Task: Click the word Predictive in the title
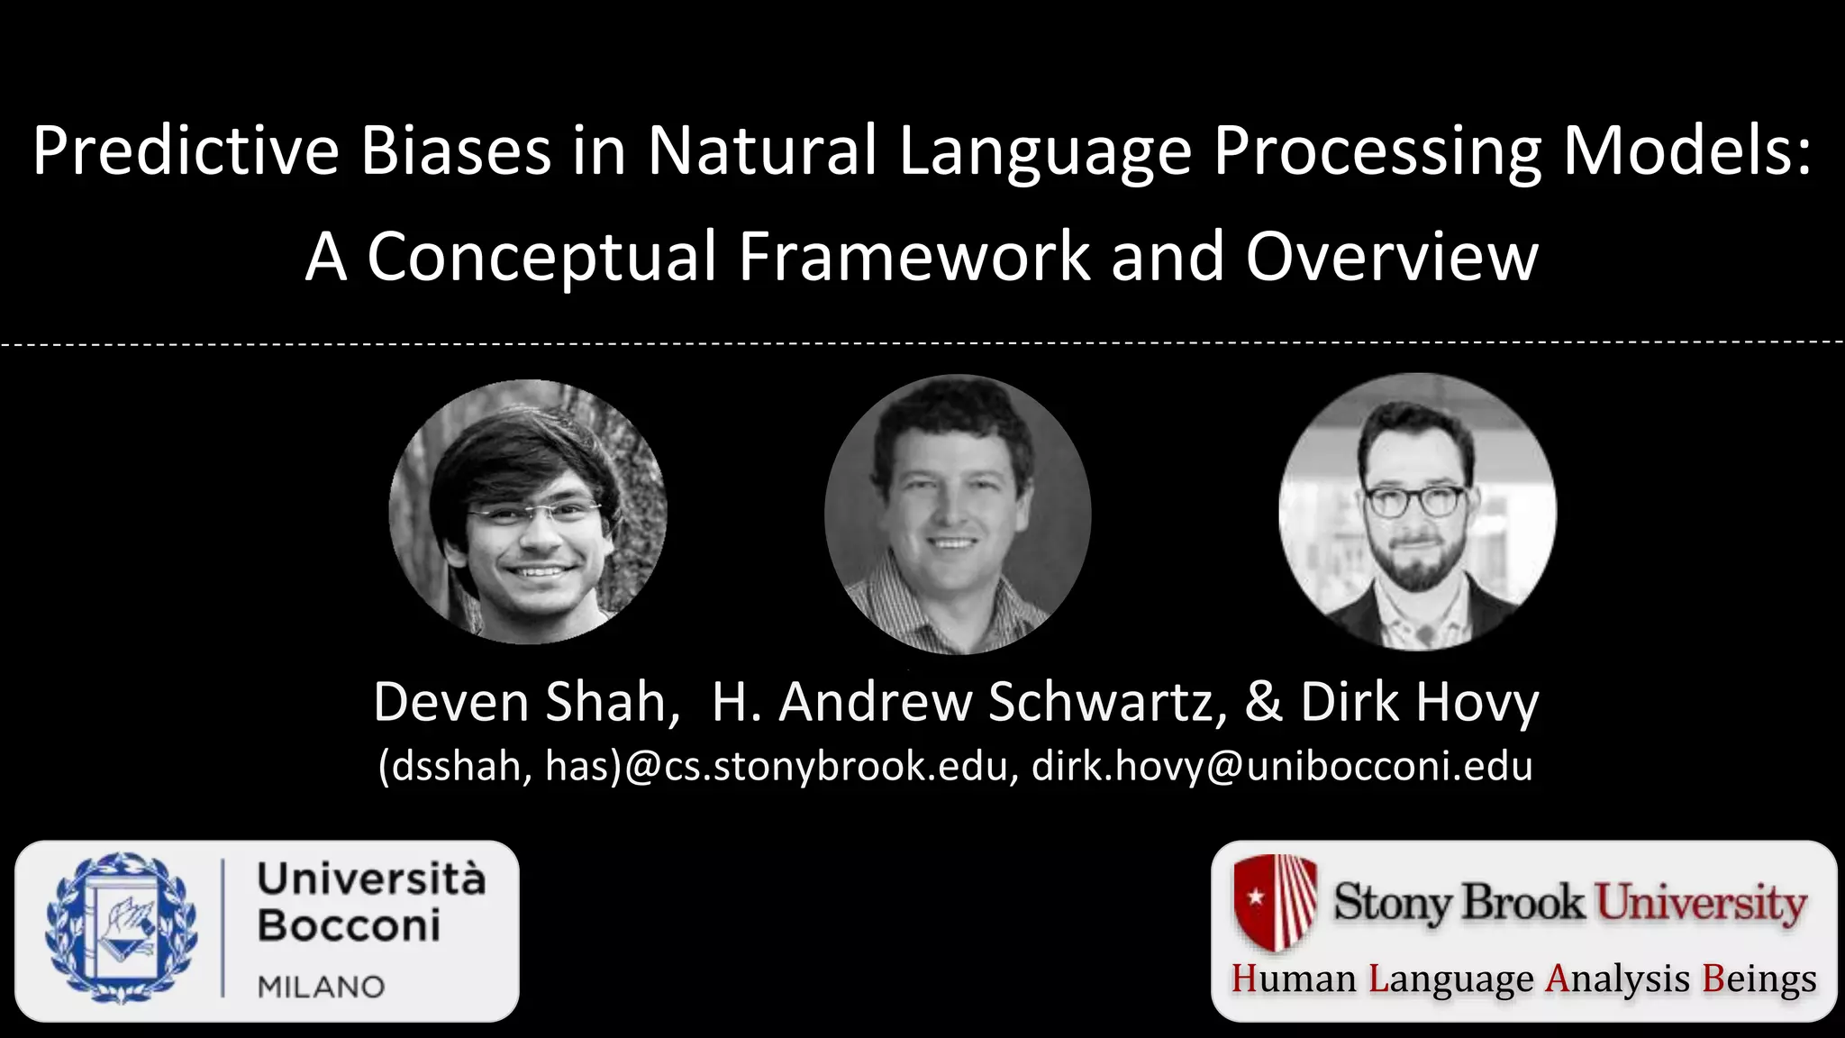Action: (186, 150)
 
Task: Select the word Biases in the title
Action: (456, 150)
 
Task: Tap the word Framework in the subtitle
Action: (913, 257)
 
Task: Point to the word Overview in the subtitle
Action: (1392, 257)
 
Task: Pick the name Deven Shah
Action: (526, 702)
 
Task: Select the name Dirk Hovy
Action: (1420, 702)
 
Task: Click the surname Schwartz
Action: (1107, 702)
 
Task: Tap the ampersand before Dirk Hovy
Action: (1264, 702)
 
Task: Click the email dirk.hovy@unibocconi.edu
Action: (1282, 767)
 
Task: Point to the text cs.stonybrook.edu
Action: (834, 767)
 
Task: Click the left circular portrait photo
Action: (528, 512)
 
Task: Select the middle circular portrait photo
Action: (958, 514)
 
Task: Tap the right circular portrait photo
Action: (1417, 512)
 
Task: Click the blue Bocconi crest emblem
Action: (122, 929)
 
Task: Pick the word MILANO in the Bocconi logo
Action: (321, 987)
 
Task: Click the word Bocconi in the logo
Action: (350, 925)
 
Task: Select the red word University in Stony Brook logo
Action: (1701, 903)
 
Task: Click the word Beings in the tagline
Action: (1759, 979)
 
